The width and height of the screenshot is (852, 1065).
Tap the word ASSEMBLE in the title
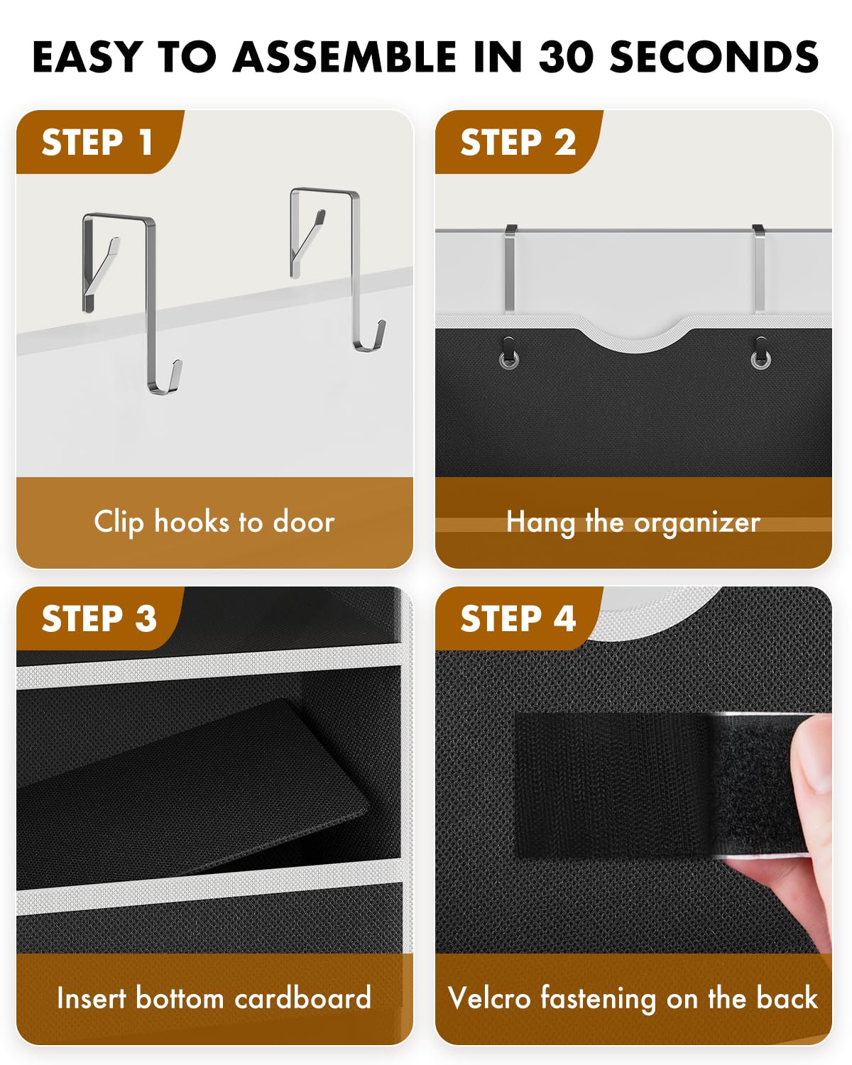[x=346, y=57]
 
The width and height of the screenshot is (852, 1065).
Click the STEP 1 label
[x=97, y=142]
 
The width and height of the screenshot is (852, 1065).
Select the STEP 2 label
[x=518, y=142]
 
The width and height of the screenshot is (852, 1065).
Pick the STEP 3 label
[x=99, y=618]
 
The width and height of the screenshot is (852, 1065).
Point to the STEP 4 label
[x=518, y=618]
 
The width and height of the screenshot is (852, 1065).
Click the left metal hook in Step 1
[x=150, y=298]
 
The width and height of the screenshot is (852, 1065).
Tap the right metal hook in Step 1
[x=355, y=270]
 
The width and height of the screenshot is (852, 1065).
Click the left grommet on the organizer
[x=508, y=359]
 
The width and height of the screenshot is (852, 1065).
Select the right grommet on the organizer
[x=760, y=359]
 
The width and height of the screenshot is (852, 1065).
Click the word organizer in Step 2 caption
[x=697, y=523]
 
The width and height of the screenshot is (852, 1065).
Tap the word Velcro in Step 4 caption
[x=489, y=998]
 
